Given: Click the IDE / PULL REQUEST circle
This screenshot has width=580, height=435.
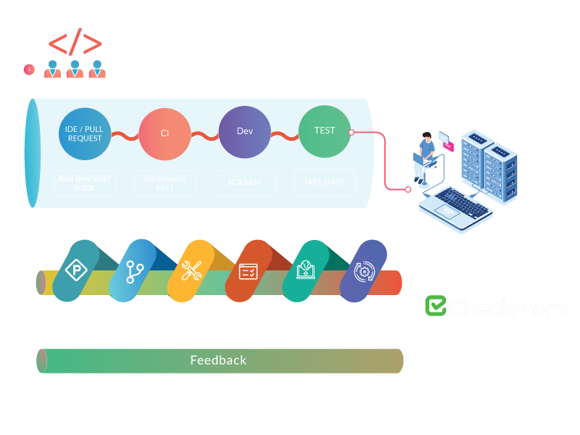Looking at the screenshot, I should click(x=85, y=133).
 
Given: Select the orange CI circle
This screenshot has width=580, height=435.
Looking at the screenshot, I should click(x=165, y=133).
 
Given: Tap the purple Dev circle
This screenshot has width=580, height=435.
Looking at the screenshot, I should click(x=244, y=132).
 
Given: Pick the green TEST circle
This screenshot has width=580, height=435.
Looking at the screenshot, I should click(x=324, y=131).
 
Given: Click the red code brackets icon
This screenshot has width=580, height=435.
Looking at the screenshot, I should click(x=75, y=43).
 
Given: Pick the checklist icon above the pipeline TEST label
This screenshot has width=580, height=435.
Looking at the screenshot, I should click(x=248, y=272).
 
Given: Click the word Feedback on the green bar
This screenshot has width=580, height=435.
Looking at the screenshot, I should click(x=218, y=360).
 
